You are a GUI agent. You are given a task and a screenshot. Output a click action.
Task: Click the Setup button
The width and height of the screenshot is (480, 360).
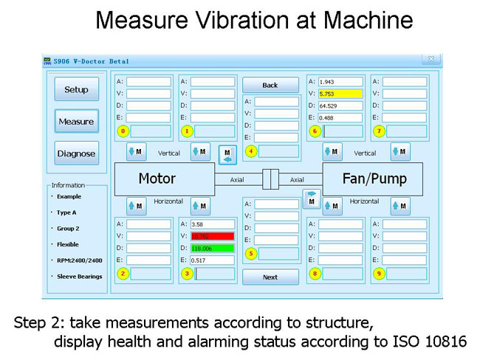[76, 90]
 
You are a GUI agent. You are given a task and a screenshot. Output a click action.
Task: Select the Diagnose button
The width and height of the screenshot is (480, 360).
[76, 153]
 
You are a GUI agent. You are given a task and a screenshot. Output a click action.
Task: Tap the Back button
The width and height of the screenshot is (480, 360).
[270, 85]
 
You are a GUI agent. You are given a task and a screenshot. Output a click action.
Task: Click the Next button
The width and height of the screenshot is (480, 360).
[270, 277]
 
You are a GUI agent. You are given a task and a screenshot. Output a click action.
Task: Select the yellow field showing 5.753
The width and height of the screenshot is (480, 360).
[340, 94]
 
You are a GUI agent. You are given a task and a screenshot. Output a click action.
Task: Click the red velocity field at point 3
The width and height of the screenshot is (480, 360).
[213, 236]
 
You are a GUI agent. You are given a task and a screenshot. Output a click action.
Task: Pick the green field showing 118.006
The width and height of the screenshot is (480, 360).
[213, 248]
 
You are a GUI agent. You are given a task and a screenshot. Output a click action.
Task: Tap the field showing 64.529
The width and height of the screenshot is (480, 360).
[340, 105]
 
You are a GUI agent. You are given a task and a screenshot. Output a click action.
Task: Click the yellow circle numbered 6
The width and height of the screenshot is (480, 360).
[314, 131]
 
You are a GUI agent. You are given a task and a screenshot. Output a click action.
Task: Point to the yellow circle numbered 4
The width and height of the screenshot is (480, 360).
[251, 150]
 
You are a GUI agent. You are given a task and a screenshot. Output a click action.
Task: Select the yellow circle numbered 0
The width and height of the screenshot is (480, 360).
[123, 131]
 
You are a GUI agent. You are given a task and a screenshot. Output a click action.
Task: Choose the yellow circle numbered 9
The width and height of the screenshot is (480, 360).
[379, 274]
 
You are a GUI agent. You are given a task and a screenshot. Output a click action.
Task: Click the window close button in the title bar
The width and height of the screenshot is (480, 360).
[431, 60]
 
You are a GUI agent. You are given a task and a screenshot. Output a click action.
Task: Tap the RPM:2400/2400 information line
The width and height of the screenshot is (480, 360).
[79, 260]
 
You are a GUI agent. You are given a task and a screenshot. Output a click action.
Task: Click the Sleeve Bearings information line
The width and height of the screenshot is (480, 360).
[80, 277]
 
